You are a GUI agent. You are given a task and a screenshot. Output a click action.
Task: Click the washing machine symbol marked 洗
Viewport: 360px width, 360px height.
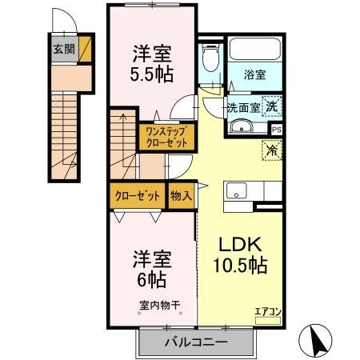pos(272,105)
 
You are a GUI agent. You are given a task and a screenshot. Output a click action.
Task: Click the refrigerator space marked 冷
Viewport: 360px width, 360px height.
pos(272,148)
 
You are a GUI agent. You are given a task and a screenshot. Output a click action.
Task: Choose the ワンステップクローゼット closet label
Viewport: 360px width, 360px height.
pos(167,137)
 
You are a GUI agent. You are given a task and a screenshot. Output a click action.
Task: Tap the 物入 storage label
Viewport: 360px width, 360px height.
pos(181,195)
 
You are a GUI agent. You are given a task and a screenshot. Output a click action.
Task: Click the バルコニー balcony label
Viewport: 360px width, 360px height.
pos(195,342)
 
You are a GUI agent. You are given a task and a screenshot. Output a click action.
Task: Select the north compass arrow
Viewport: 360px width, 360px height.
pos(316,339)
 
